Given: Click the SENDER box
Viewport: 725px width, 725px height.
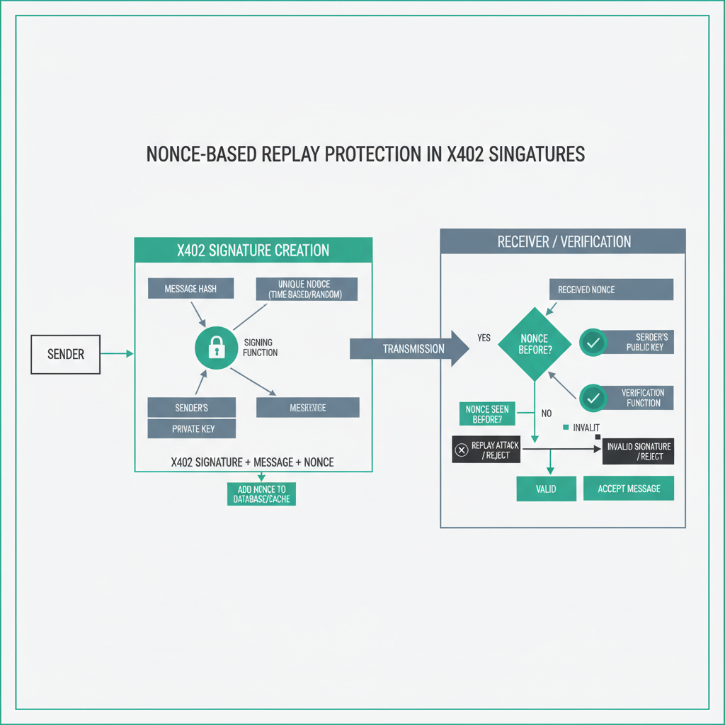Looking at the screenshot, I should [66, 354].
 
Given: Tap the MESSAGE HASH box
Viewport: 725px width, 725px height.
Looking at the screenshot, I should [190, 288].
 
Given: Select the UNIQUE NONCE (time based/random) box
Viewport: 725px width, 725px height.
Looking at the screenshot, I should [306, 289].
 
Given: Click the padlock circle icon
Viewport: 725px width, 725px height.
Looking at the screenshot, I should [215, 347].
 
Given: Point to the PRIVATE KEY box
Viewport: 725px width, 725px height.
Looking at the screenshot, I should [191, 428].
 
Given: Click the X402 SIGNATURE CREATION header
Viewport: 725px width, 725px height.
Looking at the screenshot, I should [253, 251].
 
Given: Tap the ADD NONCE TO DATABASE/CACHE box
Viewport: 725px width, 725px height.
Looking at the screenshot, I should [262, 494].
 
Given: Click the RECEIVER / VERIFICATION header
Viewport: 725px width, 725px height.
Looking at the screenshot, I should [563, 241].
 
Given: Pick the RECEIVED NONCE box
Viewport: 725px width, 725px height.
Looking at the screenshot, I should [611, 289].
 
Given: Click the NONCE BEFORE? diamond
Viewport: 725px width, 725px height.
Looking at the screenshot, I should [535, 343].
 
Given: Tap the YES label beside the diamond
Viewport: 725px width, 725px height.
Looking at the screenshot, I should [484, 338].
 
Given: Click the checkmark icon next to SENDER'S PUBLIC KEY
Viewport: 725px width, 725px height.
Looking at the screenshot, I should [593, 342].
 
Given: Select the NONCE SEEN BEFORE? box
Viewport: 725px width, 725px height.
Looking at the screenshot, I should [488, 414].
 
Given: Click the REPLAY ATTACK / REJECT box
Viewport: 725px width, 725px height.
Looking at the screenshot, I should [486, 450].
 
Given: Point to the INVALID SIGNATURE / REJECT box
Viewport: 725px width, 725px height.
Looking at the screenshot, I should [638, 451].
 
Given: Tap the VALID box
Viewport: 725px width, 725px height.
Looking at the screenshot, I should [546, 489].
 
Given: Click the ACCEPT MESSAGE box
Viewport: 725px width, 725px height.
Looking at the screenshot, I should [629, 489].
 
